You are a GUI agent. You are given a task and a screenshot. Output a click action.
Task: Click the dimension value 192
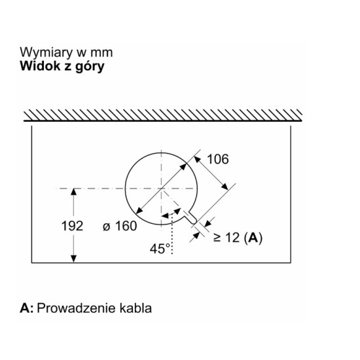pyautogui.click(x=72, y=226)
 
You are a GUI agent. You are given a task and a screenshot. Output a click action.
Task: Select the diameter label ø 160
pyautogui.click(x=120, y=226)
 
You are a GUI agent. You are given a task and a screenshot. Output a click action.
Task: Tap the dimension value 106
pyautogui.click(x=218, y=159)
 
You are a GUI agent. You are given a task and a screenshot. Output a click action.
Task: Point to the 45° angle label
pyautogui.click(x=160, y=249)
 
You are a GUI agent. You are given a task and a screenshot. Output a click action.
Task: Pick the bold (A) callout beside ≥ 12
pyautogui.click(x=253, y=238)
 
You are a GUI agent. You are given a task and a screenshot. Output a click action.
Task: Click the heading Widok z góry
pyautogui.click(x=62, y=66)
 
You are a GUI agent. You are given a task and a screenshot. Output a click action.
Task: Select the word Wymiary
pyautogui.click(x=46, y=52)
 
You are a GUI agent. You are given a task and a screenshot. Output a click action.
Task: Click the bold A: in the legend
pyautogui.click(x=27, y=308)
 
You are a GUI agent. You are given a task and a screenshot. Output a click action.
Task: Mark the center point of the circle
pyautogui.click(x=162, y=189)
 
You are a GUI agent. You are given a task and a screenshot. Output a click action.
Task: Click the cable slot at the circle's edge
pyautogui.click(x=190, y=217)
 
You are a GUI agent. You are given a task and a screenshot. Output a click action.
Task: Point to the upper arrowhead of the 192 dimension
pyautogui.click(x=73, y=192)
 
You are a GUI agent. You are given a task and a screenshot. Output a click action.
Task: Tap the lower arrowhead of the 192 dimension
pyautogui.click(x=73, y=259)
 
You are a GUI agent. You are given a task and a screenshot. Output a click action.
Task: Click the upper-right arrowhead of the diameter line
pyautogui.click(x=183, y=167)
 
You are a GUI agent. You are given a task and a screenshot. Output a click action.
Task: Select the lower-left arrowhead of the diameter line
pyautogui.click(x=139, y=210)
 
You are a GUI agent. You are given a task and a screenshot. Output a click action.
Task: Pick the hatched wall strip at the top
pyautogui.click(x=163, y=115)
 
